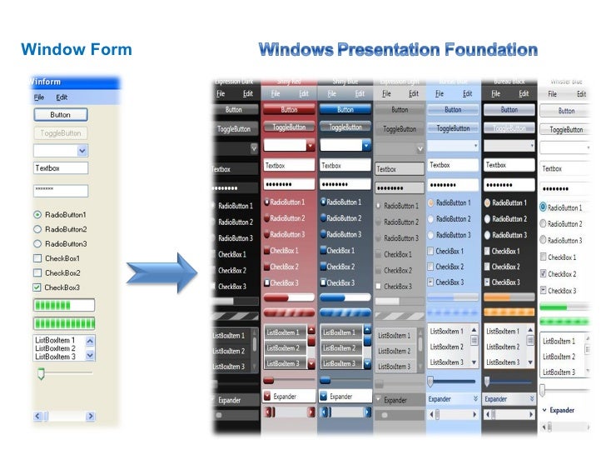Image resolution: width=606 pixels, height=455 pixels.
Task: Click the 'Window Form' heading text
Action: tap(76, 50)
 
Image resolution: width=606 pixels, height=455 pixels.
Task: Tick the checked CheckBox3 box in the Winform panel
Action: tap(37, 287)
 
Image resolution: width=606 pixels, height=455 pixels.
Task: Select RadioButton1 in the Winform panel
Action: tap(37, 214)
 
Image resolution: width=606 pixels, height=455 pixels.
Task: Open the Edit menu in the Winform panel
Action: tap(62, 97)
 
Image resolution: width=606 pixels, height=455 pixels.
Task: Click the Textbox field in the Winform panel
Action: tap(60, 167)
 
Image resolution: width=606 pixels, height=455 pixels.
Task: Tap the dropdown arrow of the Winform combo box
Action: tap(82, 151)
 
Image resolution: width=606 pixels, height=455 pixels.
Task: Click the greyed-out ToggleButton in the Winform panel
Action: tap(60, 132)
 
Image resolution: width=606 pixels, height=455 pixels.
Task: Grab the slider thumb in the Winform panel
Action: tap(39, 374)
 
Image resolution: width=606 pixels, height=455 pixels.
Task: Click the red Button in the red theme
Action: tap(289, 110)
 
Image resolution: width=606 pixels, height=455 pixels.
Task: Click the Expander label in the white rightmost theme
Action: tap(562, 410)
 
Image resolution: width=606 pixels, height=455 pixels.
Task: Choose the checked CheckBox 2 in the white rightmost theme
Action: tap(544, 273)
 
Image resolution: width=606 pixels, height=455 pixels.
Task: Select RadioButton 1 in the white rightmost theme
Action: tap(544, 207)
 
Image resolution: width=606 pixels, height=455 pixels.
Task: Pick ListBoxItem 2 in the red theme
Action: tap(283, 348)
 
